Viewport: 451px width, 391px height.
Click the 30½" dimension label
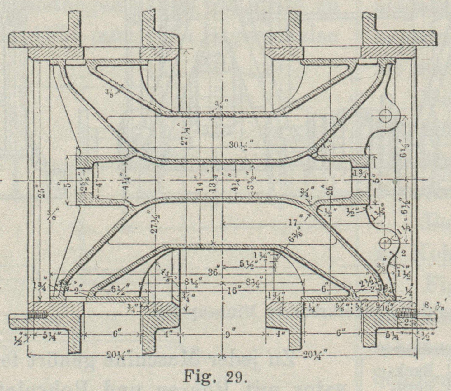point(241,144)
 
